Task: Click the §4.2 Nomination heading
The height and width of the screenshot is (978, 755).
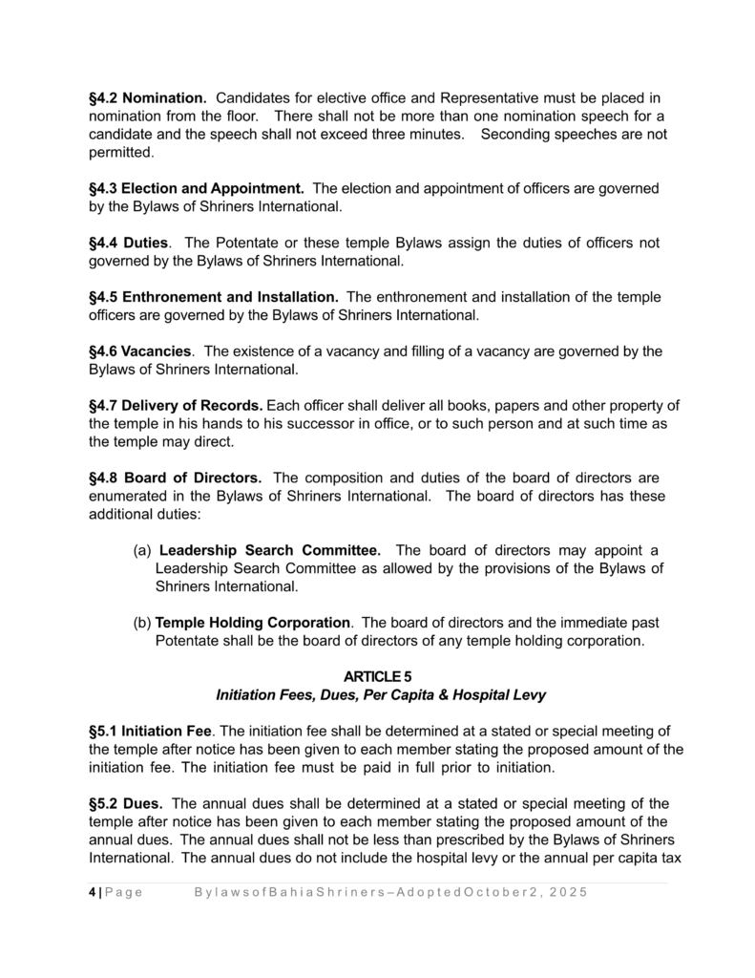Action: [147, 98]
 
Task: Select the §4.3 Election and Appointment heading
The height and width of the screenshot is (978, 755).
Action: [196, 189]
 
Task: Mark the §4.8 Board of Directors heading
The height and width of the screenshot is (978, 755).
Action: [175, 478]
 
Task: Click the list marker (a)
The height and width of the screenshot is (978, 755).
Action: [140, 550]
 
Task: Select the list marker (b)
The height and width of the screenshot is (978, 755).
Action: [141, 623]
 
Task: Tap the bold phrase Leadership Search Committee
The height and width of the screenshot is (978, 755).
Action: [270, 550]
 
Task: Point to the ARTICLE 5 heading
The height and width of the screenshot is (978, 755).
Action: [378, 677]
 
